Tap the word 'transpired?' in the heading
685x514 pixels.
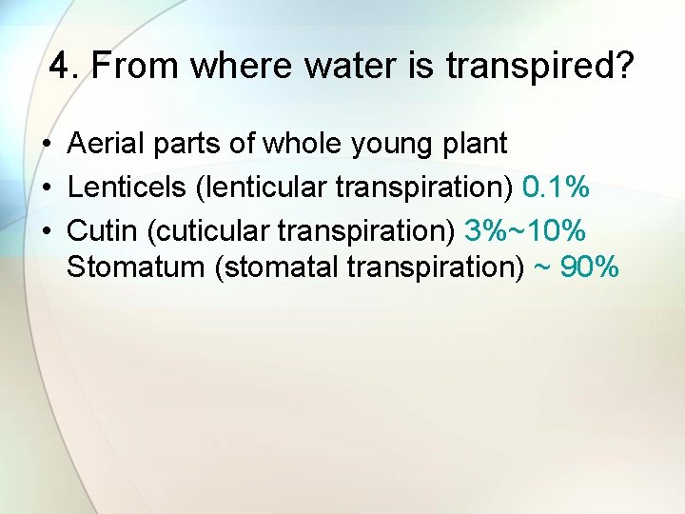click(x=539, y=68)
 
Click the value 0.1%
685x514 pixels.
click(x=557, y=187)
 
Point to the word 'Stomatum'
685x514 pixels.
click(x=137, y=267)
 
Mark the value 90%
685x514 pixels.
click(x=590, y=267)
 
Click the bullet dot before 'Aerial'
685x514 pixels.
click(x=46, y=146)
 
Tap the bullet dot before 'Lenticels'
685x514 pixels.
click(x=46, y=188)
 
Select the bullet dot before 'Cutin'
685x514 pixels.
click(x=46, y=229)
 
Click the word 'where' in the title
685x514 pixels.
click(x=225, y=68)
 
